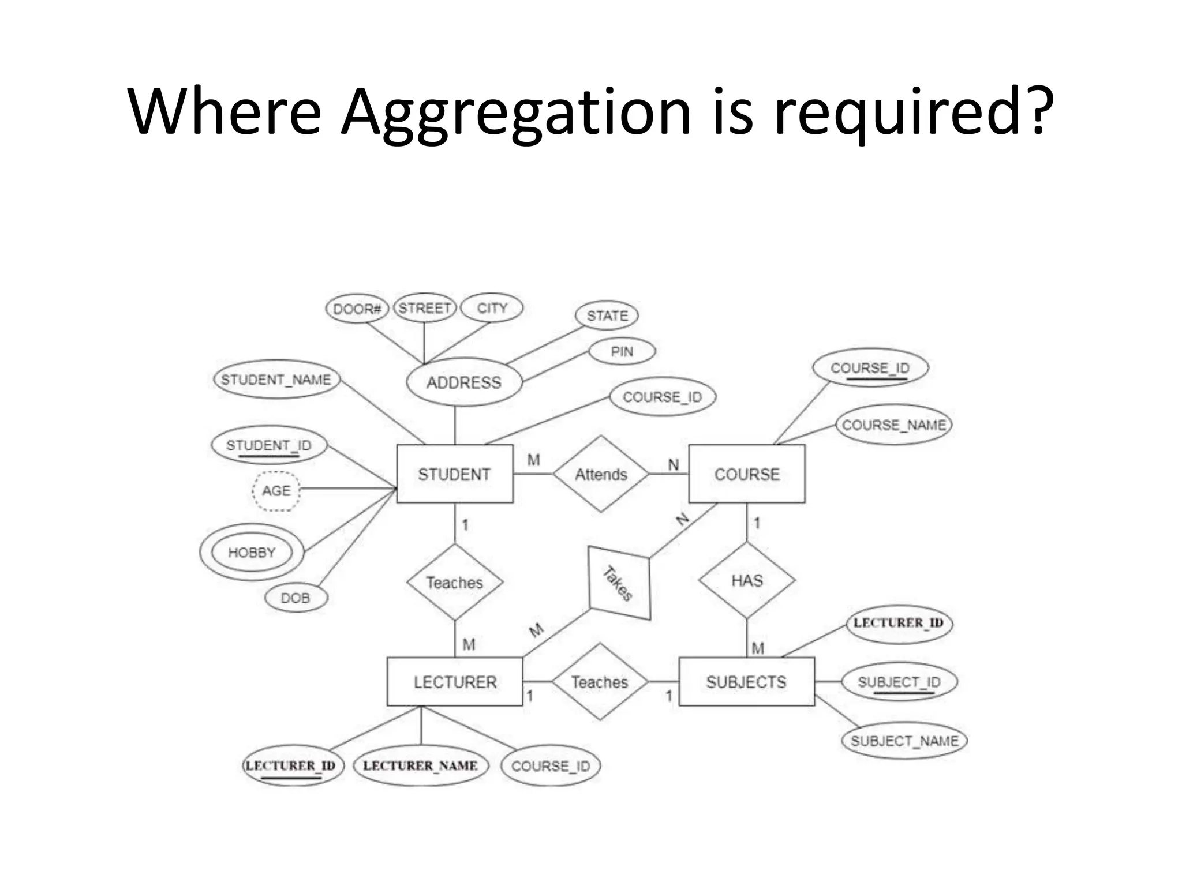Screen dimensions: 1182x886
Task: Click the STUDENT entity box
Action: tap(454, 474)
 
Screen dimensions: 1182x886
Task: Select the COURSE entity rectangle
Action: tap(746, 474)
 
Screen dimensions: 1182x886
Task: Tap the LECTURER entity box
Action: tap(455, 681)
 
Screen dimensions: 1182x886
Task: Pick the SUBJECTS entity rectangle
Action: tap(746, 681)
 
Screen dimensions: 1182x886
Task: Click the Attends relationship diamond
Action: tap(601, 474)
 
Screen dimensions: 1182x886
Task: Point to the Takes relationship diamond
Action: tap(619, 583)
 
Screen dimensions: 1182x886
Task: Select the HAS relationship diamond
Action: tap(747, 580)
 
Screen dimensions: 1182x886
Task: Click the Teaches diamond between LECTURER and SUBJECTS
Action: tap(600, 681)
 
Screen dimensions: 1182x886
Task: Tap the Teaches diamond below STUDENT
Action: tap(455, 582)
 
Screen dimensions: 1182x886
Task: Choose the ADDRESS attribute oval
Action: tap(464, 382)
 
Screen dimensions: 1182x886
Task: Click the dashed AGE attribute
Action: tap(276, 490)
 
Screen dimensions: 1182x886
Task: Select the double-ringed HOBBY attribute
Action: tap(252, 552)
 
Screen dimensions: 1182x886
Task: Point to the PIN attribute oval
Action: tap(622, 351)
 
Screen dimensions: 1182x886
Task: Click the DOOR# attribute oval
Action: tap(357, 309)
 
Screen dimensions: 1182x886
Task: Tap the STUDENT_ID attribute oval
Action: tap(269, 445)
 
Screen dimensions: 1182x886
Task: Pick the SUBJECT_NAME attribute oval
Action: tap(904, 741)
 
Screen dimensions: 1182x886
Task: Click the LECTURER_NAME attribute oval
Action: tap(421, 765)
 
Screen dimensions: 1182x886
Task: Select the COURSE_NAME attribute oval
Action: tap(893, 425)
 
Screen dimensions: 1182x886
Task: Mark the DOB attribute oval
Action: tap(295, 598)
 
